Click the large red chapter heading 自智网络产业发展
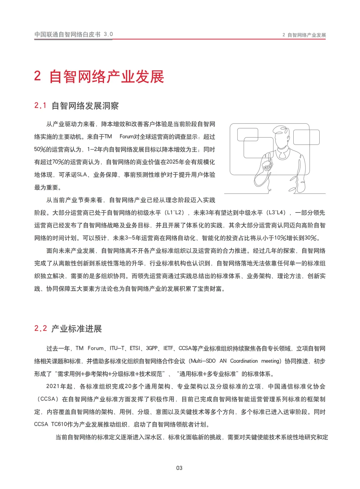point(107,77)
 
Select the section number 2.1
point(40,106)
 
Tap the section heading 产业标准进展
point(77,329)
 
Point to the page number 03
point(179,468)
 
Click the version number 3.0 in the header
point(108,34)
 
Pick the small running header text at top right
point(304,35)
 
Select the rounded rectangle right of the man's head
point(306,137)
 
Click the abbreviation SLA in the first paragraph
point(82,175)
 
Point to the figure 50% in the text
point(40,149)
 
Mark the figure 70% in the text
point(58,162)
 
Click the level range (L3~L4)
point(277,213)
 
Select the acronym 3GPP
point(152,348)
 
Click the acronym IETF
point(168,348)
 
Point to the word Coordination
point(244,361)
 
